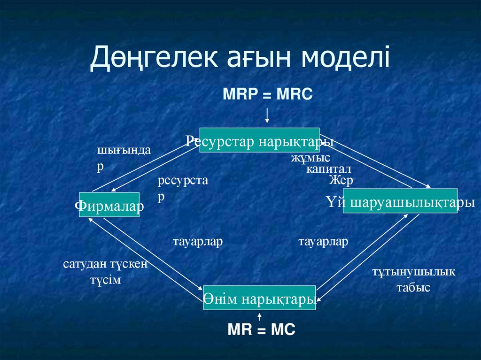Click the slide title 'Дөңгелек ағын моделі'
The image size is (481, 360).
coord(240,59)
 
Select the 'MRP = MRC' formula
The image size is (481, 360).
coord(267,94)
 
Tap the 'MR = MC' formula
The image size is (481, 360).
coord(261,330)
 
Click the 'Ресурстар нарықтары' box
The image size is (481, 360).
coord(259,140)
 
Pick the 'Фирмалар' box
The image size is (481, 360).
coord(109,205)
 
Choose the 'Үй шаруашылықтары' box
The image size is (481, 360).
coord(400,201)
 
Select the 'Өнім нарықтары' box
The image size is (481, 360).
coord(259,298)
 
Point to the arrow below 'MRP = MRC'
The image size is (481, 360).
coord(267,115)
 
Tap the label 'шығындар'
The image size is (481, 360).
coord(124,158)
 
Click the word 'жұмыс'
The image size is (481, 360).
coord(310,158)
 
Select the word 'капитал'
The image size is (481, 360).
coord(328,169)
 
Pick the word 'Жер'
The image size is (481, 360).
coord(341,180)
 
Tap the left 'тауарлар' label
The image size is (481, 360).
coord(197,242)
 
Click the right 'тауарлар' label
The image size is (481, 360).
coord(323,242)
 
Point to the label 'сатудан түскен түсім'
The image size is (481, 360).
coord(106,272)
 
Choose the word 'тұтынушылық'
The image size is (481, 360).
coord(413,272)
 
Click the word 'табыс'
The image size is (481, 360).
coord(413,288)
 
